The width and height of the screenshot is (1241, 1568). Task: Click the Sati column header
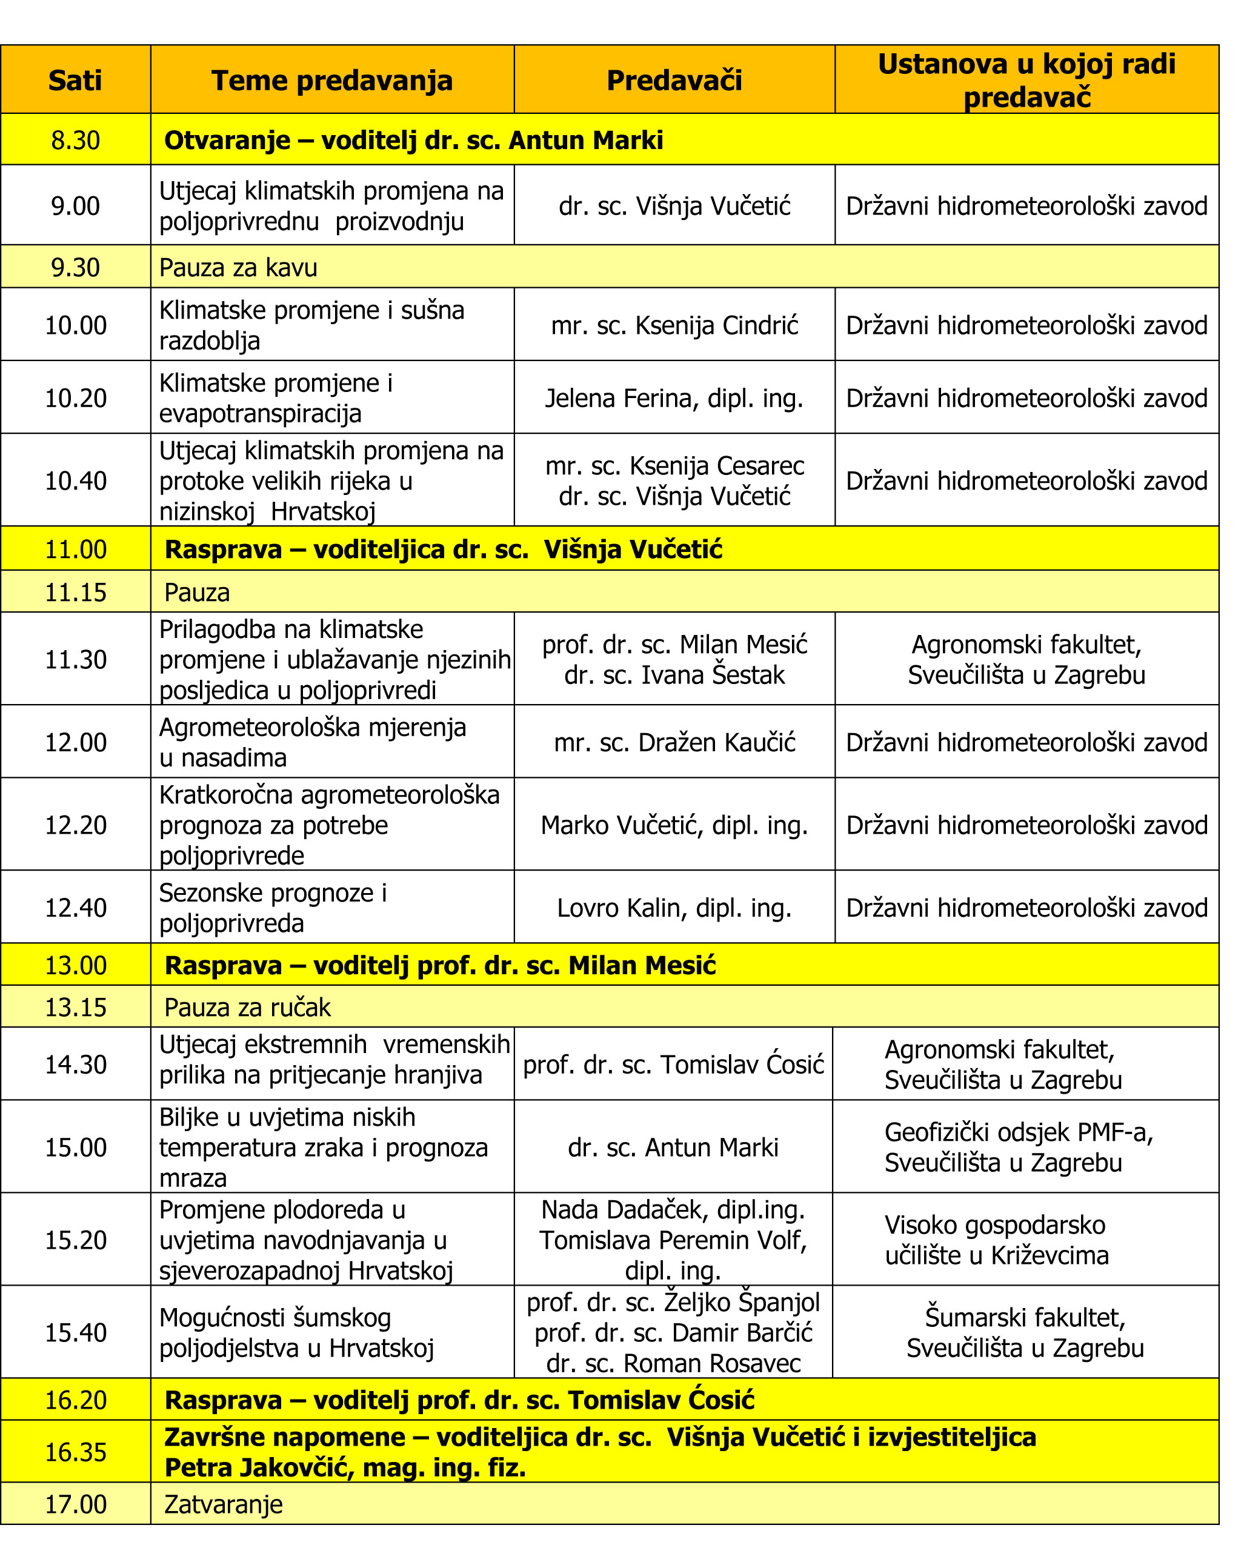(75, 81)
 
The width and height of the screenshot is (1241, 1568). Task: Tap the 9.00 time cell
(75, 205)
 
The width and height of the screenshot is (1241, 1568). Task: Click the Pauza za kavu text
(238, 267)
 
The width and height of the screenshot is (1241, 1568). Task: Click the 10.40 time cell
(75, 480)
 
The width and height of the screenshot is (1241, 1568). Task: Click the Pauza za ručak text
(247, 1007)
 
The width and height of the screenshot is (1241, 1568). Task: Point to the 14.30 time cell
(75, 1065)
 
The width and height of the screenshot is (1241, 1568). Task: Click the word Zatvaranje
(223, 1504)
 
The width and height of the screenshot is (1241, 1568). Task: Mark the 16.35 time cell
(75, 1452)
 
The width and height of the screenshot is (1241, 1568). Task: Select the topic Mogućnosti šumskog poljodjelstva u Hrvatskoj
(296, 1332)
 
